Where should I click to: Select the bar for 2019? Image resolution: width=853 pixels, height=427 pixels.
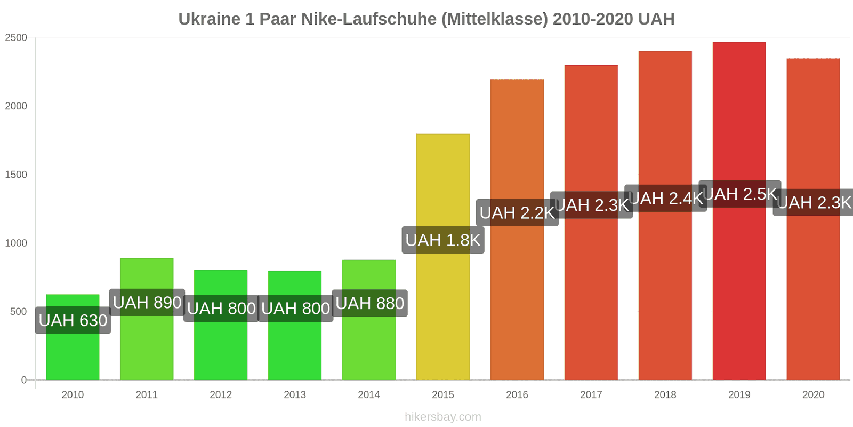click(x=739, y=294)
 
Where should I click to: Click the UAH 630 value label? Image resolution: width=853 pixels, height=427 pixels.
click(x=73, y=320)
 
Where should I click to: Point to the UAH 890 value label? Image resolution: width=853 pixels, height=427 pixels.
click(x=147, y=303)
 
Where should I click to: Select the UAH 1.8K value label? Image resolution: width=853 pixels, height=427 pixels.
click(x=443, y=240)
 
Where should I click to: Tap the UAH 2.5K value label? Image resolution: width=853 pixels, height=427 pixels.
click(x=740, y=194)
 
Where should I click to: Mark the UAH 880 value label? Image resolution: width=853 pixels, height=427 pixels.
click(x=369, y=303)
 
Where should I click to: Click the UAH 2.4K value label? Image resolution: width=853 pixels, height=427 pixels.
click(x=665, y=199)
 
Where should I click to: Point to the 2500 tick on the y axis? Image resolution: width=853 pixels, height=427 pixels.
click(x=16, y=38)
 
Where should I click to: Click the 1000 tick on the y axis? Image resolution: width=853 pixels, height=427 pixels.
click(x=16, y=243)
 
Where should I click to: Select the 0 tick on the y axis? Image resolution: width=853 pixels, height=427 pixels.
click(x=23, y=380)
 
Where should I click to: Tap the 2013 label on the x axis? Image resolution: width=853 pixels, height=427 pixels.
click(x=295, y=395)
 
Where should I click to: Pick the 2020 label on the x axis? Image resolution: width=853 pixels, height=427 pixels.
click(x=813, y=395)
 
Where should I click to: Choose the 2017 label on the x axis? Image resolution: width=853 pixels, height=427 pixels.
click(x=591, y=395)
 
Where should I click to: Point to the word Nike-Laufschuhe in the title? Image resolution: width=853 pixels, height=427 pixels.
click(x=369, y=19)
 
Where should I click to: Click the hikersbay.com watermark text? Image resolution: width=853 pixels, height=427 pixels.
click(x=442, y=417)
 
